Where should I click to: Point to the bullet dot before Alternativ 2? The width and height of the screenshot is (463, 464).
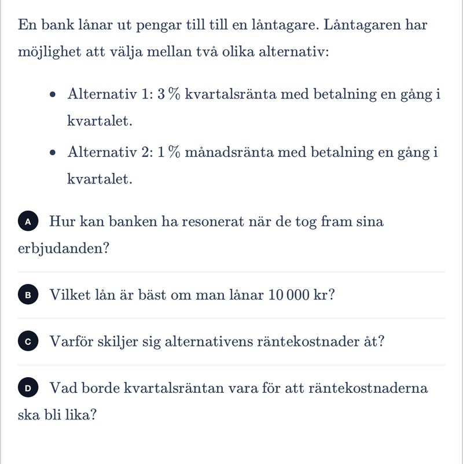click(x=54, y=153)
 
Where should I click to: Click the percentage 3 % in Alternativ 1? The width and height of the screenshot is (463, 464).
click(x=168, y=94)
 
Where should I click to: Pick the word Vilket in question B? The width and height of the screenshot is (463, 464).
click(x=69, y=295)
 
